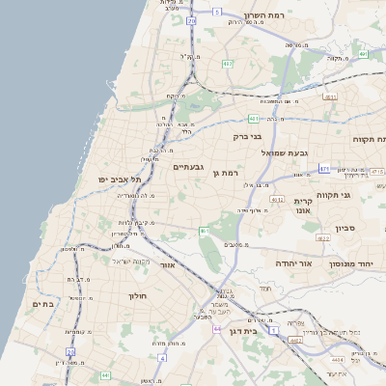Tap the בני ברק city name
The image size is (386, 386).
(x=248, y=136)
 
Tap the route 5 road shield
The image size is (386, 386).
(x=218, y=11)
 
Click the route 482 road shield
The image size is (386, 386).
(x=227, y=64)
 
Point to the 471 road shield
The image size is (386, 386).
(x=324, y=166)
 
